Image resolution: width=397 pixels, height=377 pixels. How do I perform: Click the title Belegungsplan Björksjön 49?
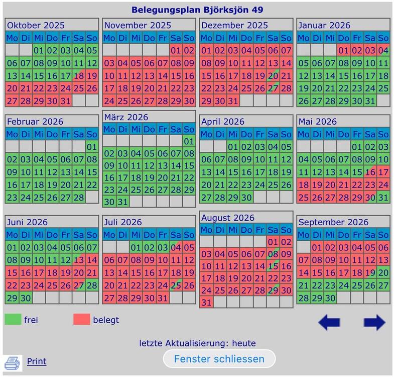(197, 10)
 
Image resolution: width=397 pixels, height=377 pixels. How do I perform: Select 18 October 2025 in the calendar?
(78, 76)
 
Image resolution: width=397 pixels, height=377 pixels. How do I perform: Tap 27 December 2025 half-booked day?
(273, 88)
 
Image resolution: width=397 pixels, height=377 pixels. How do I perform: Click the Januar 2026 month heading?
(324, 25)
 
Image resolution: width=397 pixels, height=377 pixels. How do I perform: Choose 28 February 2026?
(78, 197)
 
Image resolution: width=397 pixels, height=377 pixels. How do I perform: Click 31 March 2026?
(122, 202)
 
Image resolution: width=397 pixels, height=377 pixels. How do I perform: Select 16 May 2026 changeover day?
(370, 172)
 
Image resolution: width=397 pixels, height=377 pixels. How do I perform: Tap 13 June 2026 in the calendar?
(78, 260)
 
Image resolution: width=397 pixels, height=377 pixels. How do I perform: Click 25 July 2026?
(176, 285)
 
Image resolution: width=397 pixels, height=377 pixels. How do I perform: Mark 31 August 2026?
(206, 303)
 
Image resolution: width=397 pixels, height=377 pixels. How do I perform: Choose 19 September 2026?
(370, 272)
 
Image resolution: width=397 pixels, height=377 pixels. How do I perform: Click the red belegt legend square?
(81, 320)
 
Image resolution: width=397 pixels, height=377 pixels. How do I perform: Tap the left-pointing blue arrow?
(329, 322)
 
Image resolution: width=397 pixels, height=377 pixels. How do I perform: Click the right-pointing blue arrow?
(374, 322)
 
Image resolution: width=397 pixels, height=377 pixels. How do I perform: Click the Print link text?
(37, 361)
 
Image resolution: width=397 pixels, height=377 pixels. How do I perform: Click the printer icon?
(12, 362)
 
